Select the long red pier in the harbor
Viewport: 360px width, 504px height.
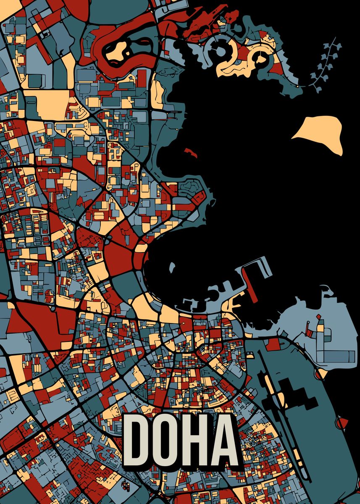coord(250,283)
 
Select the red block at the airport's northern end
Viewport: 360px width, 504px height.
coord(273,344)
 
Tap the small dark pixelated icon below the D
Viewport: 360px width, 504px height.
coord(126,486)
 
